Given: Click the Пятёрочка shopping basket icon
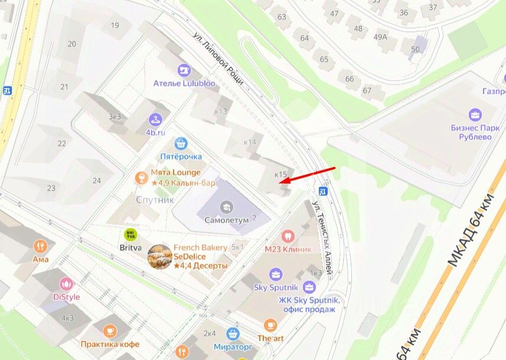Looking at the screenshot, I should click(181, 142).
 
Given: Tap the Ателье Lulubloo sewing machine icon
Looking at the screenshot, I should click(184, 70).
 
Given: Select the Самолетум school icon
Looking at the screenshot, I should click(226, 207).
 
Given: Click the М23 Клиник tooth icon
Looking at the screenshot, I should click(288, 235).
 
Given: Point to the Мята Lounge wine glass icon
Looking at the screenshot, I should click(141, 177).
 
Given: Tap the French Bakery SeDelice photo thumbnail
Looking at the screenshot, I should click(159, 257).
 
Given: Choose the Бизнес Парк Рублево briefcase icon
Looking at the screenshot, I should click(475, 114).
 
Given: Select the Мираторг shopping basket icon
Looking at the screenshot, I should click(233, 333).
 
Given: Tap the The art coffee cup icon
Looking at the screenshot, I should click(270, 324).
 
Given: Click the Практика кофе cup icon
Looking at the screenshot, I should click(110, 331).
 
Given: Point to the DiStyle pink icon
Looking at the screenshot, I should click(66, 284).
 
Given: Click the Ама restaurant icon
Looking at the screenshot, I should click(41, 246).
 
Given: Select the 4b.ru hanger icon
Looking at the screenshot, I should click(155, 119).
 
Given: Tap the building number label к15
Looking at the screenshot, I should click(281, 174).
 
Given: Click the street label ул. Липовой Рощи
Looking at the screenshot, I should click(218, 58).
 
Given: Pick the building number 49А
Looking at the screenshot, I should click(380, 37).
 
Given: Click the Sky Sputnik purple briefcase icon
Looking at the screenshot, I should click(276, 274).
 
